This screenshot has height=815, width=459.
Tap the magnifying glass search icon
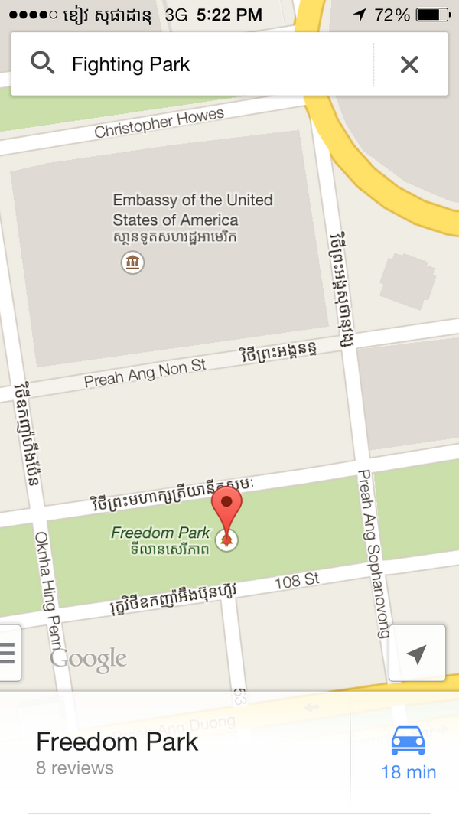43,64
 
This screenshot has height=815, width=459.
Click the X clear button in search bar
409,64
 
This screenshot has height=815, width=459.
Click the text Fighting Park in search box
131,64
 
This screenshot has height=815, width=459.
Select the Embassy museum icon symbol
133,263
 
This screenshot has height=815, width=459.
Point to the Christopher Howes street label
159,123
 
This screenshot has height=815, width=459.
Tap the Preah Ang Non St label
145,373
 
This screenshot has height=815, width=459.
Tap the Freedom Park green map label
161,533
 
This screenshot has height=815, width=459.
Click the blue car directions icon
408,740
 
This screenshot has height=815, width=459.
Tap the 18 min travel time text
409,771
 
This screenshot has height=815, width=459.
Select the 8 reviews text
75,768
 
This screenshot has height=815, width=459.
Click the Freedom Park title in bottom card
117,742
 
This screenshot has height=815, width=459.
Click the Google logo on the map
88,659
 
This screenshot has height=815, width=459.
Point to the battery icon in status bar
432,15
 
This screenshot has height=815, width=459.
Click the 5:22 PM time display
229,15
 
